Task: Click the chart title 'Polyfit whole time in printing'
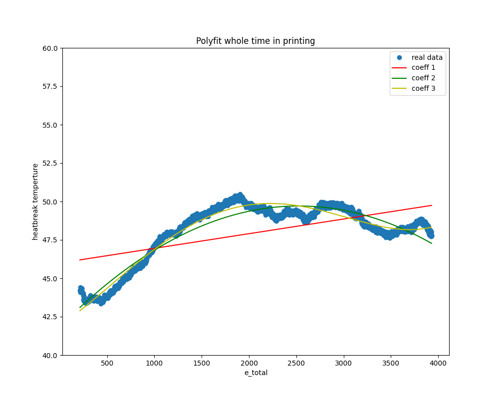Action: point(255,41)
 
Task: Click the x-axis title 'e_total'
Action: point(255,373)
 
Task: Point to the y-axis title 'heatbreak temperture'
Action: point(35,201)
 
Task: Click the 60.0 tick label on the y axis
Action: point(50,48)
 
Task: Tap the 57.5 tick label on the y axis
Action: point(50,87)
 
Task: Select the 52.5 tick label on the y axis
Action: point(50,164)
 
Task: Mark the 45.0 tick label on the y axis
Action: point(50,278)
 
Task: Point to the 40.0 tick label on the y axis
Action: point(50,355)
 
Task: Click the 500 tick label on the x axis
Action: point(107,364)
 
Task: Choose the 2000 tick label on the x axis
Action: point(249,364)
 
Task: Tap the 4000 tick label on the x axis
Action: point(438,364)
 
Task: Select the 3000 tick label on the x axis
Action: point(344,364)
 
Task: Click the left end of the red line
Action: point(80,260)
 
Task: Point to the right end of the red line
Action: point(432,205)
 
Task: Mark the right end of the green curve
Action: point(432,243)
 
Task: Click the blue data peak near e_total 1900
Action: point(240,195)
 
